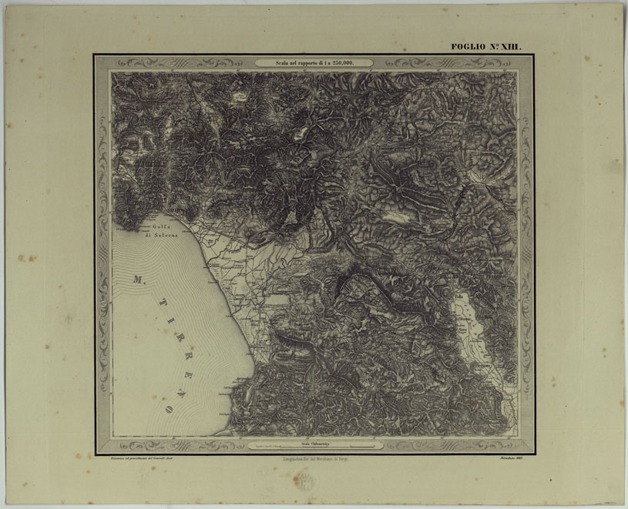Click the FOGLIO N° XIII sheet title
coord(485,47)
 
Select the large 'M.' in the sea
coord(139,279)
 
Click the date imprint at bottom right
coord(505,460)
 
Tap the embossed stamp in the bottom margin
coord(306,484)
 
